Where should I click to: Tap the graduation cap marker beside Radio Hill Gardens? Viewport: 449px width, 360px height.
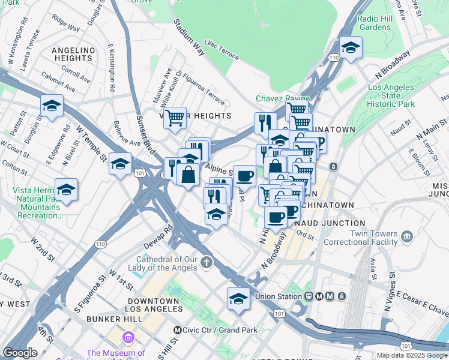[x=350, y=47]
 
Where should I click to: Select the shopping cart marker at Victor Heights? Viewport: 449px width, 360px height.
[x=175, y=118]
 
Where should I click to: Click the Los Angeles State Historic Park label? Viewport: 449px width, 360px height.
[x=391, y=96]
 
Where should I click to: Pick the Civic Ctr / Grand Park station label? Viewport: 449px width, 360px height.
[x=219, y=330]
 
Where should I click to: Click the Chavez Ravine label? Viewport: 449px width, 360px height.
[x=283, y=98]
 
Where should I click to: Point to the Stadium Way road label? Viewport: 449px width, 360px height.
[x=189, y=37]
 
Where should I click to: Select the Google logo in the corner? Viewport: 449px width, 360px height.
[x=20, y=353]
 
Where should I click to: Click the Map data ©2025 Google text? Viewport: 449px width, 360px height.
[x=412, y=355]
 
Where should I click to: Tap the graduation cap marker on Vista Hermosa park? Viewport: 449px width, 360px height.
[x=66, y=190]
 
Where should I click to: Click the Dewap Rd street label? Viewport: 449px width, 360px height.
[x=158, y=238]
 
